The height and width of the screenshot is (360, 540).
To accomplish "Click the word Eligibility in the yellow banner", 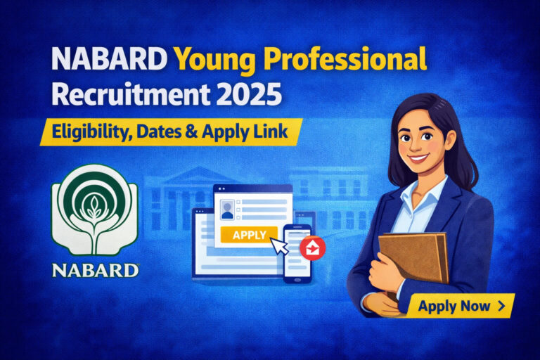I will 88,131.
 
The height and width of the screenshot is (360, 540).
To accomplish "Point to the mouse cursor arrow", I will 279,247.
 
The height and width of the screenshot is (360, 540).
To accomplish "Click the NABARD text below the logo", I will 94,269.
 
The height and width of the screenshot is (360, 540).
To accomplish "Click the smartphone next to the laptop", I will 297,253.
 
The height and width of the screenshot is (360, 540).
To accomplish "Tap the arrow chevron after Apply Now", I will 501,306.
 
